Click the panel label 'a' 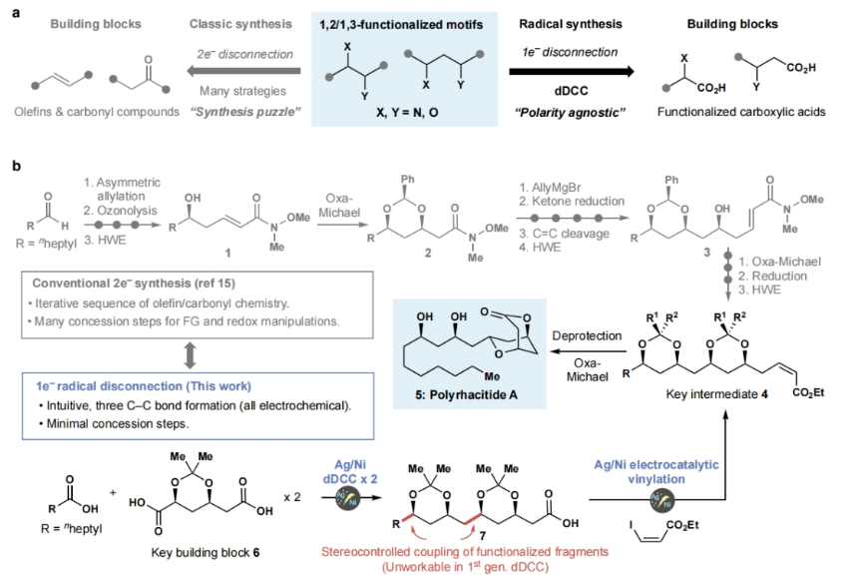click(13, 12)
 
